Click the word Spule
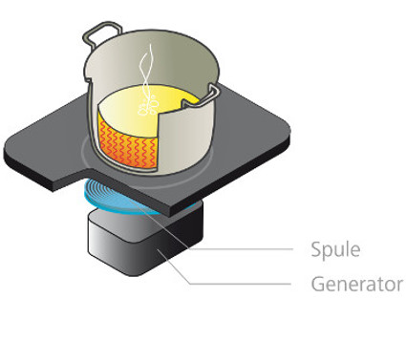[335, 249]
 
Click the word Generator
[357, 284]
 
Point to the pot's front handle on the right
[203, 96]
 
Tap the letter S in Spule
[316, 249]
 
